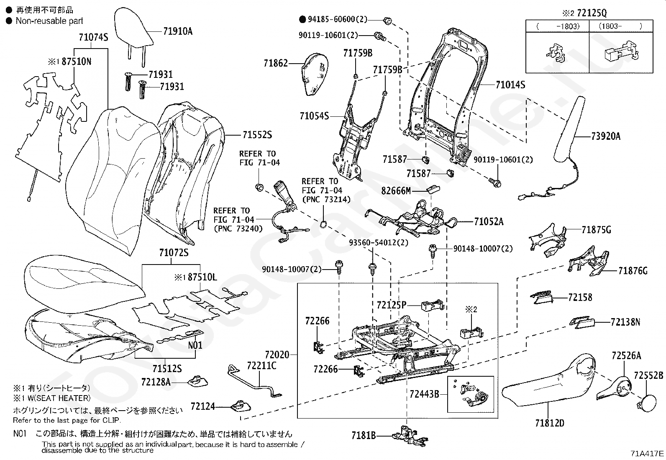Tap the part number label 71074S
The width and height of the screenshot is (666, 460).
93,38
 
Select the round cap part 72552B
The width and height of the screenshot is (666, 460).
647,403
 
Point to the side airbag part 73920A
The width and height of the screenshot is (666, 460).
569,131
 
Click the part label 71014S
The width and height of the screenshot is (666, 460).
510,85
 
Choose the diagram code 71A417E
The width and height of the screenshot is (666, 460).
647,453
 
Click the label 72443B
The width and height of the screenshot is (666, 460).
424,394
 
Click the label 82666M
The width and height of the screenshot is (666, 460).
396,191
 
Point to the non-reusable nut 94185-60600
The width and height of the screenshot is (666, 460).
387,21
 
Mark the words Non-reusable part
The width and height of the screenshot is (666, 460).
49,21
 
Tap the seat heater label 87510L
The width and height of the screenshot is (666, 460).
202,278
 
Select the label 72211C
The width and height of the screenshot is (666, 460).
261,366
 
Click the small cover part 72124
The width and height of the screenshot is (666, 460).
241,406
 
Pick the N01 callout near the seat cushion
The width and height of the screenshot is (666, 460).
195,345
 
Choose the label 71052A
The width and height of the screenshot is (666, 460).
489,222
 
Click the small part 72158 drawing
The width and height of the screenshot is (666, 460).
542,297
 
